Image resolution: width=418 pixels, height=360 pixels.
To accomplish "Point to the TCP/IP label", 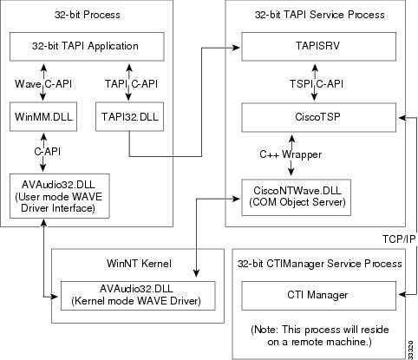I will (x=397, y=236).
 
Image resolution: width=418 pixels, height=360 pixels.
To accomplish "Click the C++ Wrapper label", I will (x=291, y=154).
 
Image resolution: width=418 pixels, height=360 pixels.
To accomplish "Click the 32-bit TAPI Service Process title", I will (x=320, y=15).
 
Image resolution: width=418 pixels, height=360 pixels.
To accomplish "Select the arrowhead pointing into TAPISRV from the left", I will (x=236, y=47).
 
